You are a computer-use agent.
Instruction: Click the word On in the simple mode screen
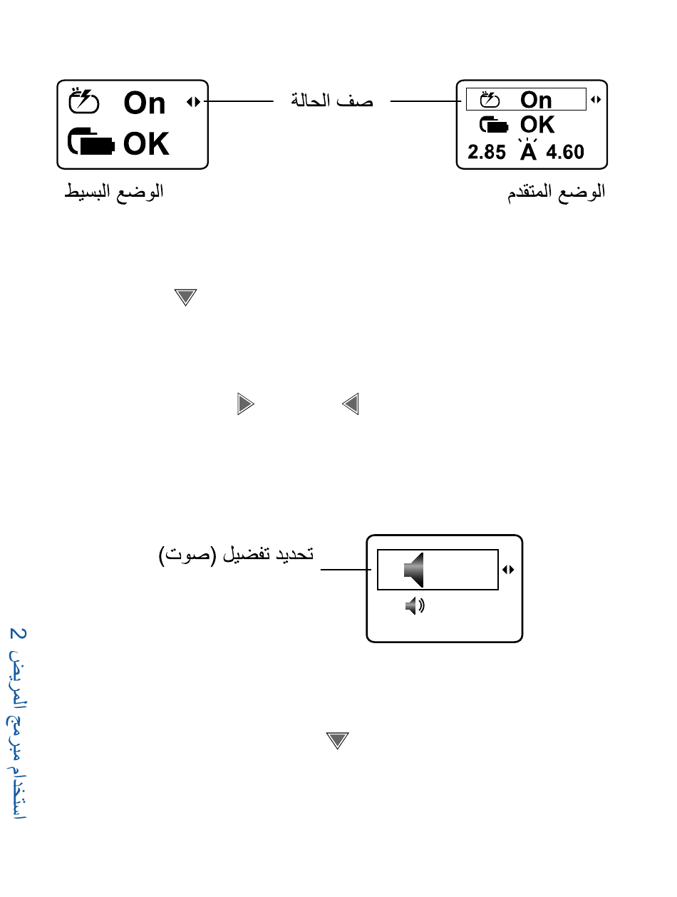pos(145,103)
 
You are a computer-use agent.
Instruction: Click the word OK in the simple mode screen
pos(146,144)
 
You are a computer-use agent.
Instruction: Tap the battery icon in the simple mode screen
pos(92,143)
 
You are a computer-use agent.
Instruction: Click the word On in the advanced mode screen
pos(536,100)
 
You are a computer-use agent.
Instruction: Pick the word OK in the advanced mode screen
pos(537,125)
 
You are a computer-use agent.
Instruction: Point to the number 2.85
pos(486,152)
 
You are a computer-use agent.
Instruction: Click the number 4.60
pos(565,152)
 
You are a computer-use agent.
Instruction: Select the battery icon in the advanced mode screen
pos(494,125)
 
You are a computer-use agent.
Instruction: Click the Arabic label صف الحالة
pos(332,101)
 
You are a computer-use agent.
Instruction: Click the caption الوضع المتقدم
pos(556,192)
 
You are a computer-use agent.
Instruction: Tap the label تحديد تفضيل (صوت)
pos(236,555)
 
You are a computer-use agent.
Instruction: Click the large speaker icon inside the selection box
pos(415,570)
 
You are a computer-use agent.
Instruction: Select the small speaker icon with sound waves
pos(414,607)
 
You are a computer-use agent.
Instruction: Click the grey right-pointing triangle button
pos(245,405)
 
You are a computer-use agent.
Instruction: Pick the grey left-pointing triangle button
pos(350,405)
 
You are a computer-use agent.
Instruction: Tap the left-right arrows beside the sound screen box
pos(508,570)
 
